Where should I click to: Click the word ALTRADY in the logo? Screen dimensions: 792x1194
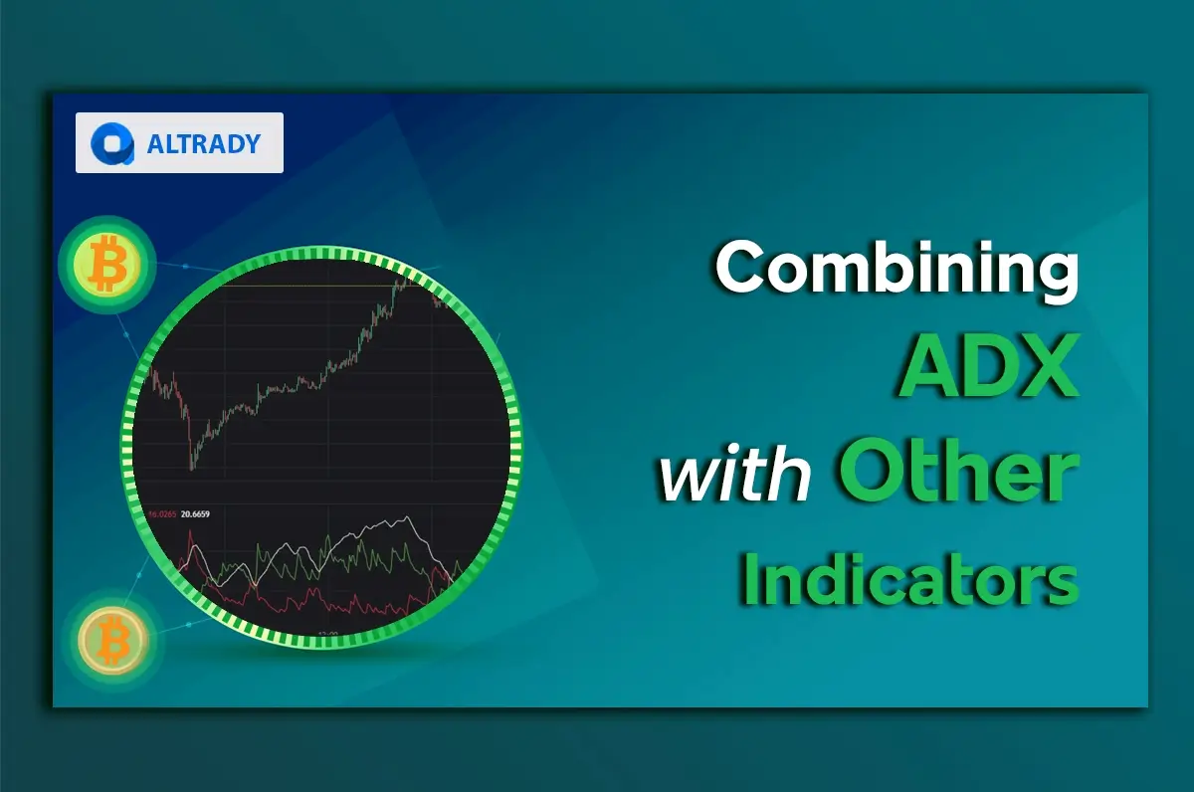click(203, 143)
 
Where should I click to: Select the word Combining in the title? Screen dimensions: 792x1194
click(895, 268)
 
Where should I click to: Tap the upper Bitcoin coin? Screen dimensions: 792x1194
click(105, 265)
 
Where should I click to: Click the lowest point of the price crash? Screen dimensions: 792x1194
click(191, 466)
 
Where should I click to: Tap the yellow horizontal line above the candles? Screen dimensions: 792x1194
click(298, 286)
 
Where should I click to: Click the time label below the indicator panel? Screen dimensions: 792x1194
click(327, 633)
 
